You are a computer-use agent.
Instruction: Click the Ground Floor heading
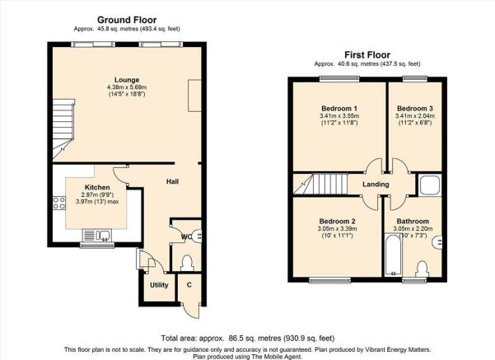tap(127, 20)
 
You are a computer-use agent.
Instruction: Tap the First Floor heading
tap(367, 55)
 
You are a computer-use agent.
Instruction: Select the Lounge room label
tap(127, 80)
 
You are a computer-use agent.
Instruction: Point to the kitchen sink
tap(97, 236)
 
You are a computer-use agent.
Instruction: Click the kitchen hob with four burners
tap(59, 203)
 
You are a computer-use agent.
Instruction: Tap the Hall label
tap(173, 181)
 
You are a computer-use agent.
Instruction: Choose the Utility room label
tap(159, 285)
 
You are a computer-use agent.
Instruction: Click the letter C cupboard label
tap(189, 285)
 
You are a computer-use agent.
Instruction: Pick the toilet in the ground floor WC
tap(187, 263)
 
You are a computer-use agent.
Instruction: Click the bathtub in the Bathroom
tap(393, 255)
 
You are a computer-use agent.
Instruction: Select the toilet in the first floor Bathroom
tap(422, 269)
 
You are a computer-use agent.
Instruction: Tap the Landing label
tap(376, 184)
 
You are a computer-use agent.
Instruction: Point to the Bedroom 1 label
tap(339, 108)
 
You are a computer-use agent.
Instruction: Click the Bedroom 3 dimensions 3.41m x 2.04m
tap(415, 116)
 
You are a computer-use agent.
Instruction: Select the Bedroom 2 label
tap(337, 221)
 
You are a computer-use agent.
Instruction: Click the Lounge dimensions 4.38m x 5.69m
tap(127, 87)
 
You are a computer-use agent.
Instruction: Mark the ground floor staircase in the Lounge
tap(63, 129)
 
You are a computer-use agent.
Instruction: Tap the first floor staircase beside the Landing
tap(320, 184)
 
